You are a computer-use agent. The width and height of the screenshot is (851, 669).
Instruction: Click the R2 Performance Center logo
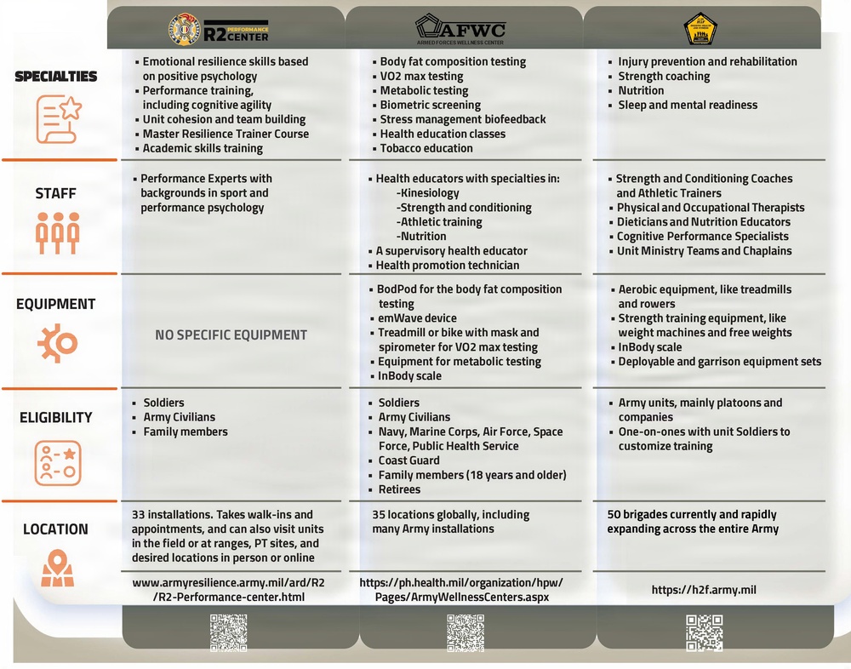218,31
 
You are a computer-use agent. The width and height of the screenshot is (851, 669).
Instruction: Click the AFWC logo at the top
460,29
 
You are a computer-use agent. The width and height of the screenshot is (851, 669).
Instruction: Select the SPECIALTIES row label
56,77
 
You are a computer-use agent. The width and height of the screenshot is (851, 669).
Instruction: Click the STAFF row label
56,193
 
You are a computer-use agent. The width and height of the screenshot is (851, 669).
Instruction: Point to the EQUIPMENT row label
56,304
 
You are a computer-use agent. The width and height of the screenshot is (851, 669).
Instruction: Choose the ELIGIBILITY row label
56,417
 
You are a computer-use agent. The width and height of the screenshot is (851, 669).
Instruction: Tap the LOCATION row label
55,529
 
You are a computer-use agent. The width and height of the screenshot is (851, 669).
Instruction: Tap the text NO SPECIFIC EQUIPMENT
231,334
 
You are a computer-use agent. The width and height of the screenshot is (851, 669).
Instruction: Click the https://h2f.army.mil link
704,589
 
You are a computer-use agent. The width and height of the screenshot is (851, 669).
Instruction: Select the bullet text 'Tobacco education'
427,148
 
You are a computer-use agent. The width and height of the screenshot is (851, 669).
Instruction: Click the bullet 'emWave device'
417,318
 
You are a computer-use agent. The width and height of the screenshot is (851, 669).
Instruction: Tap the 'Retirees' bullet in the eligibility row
399,489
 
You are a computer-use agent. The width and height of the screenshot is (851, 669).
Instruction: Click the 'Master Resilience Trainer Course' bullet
226,134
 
